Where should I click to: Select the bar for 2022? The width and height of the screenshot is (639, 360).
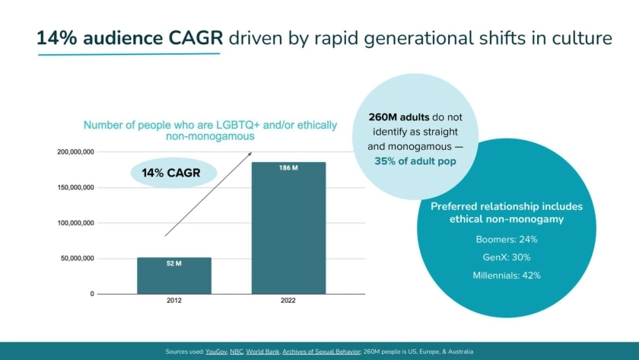click(288, 228)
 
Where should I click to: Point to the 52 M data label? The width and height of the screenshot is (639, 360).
click(174, 263)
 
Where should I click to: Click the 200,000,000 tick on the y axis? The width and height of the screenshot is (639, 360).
click(75, 152)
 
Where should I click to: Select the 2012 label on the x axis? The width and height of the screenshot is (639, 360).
click(174, 301)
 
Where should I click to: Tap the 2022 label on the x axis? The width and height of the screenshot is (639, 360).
click(288, 301)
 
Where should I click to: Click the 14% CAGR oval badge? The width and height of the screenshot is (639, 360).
click(171, 174)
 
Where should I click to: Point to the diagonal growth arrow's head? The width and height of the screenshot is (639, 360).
click(250, 155)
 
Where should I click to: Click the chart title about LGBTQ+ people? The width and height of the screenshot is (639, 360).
click(210, 130)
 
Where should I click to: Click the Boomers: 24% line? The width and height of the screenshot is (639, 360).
click(507, 239)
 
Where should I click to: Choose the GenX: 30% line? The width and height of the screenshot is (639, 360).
click(507, 257)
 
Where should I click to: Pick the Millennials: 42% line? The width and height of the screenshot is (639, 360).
click(507, 276)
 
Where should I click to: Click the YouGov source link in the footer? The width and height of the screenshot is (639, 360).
click(217, 352)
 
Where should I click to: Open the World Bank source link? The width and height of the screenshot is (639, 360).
click(262, 352)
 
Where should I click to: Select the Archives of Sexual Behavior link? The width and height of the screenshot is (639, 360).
click(321, 352)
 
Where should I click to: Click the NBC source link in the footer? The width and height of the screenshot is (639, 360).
click(237, 352)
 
